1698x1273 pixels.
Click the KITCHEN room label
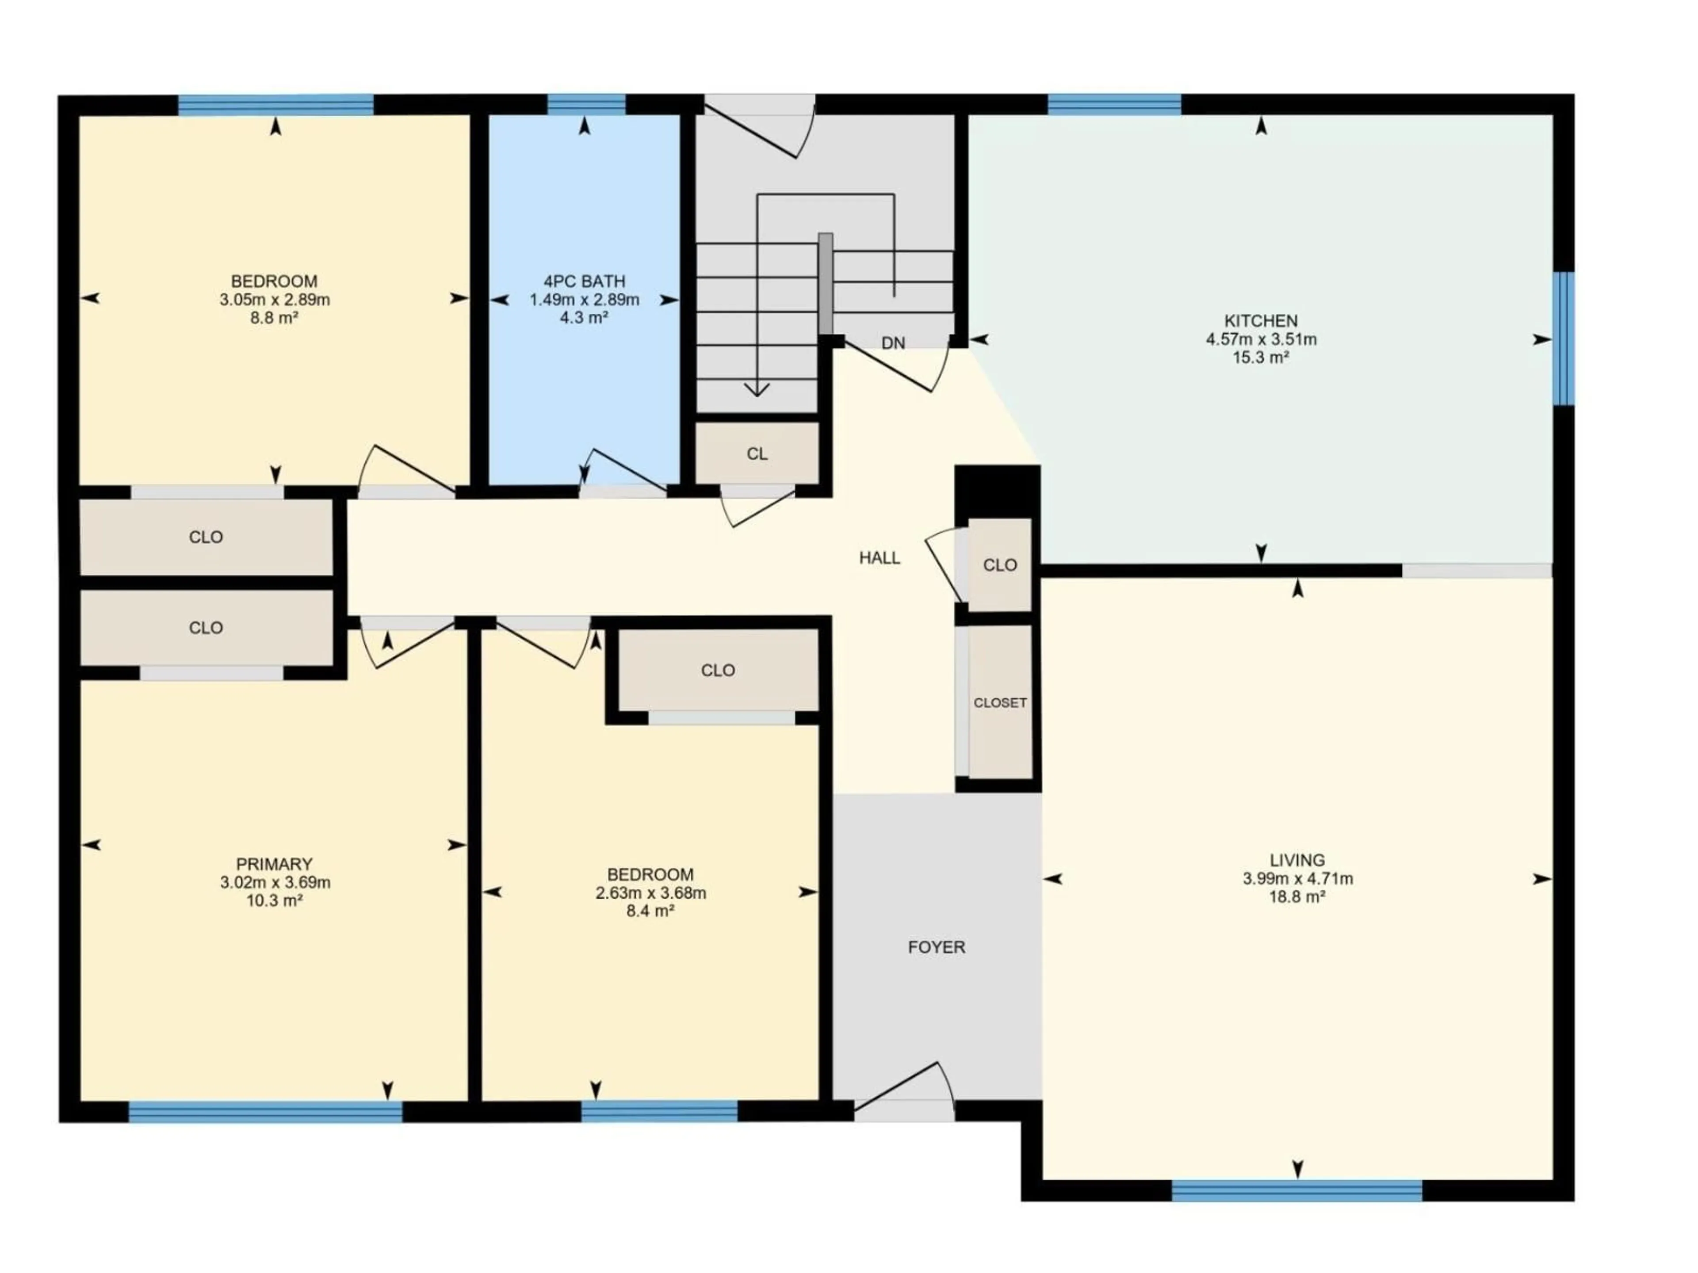coord(1260,321)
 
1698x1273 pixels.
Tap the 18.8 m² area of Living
coord(1297,897)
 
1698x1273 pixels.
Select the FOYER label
coord(936,947)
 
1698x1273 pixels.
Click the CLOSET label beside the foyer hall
coord(999,703)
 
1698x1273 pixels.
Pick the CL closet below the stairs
coord(757,454)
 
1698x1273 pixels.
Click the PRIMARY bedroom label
coord(274,864)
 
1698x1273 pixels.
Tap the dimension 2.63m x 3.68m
coord(650,893)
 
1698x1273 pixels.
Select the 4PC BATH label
coord(584,282)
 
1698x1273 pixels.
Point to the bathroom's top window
coord(586,104)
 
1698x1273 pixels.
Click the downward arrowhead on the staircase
coord(757,390)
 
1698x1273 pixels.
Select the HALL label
coord(879,558)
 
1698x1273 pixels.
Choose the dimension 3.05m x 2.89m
coord(274,300)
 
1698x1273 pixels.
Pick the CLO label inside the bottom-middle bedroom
coord(718,671)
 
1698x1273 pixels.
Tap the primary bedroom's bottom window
coord(265,1112)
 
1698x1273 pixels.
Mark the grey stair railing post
coord(825,283)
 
